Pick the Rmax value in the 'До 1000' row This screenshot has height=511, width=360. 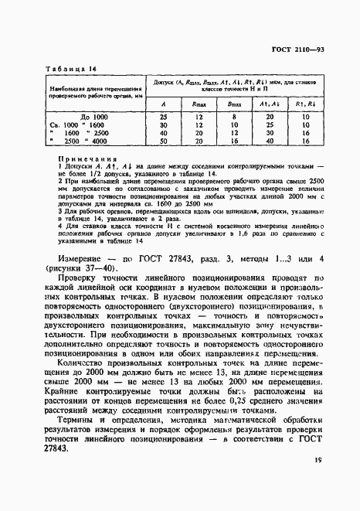point(199,116)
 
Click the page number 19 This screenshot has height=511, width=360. point(318,482)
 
